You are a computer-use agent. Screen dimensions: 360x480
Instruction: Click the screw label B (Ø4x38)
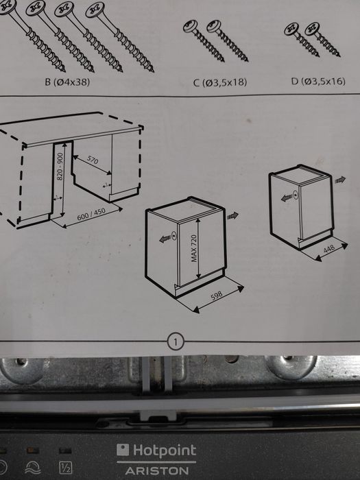(67, 82)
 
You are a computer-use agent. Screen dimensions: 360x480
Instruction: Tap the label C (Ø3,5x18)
(220, 82)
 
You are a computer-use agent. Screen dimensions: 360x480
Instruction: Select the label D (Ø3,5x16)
(318, 82)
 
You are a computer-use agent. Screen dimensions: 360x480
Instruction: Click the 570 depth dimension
(93, 159)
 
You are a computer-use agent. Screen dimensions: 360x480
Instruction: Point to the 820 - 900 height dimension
(60, 166)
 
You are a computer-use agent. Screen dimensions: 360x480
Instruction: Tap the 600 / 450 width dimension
(91, 214)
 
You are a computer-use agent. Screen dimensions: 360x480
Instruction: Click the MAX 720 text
(194, 248)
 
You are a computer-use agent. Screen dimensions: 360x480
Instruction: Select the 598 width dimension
(217, 296)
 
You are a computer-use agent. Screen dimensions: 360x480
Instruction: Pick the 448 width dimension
(329, 248)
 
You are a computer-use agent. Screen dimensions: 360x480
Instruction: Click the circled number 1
(176, 342)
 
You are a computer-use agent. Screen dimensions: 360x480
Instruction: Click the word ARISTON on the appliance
(157, 471)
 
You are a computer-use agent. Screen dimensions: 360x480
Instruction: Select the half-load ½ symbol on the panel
(66, 468)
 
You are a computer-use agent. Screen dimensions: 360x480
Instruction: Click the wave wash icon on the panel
(32, 468)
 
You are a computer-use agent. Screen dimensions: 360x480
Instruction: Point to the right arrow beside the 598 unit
(232, 216)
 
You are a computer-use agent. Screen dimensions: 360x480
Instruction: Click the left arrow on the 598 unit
(165, 239)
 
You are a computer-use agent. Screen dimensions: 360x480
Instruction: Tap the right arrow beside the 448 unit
(340, 180)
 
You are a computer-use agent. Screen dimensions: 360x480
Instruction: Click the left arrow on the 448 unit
(287, 197)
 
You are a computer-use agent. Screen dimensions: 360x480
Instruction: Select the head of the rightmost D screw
(312, 29)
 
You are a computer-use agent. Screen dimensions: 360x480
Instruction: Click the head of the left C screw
(191, 26)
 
